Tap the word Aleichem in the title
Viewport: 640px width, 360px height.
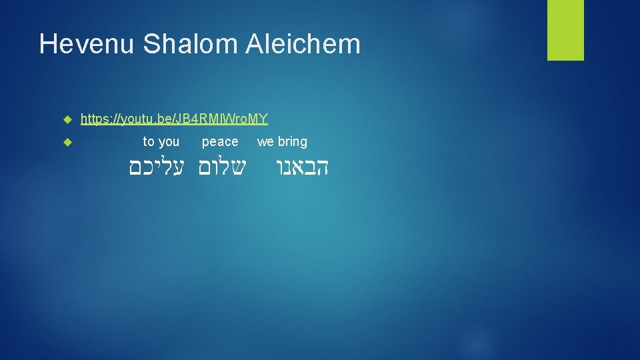[x=303, y=45]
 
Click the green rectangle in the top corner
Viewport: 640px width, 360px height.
[x=565, y=30]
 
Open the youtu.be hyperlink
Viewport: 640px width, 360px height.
[x=174, y=119]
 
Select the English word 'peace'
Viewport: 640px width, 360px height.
[x=220, y=141]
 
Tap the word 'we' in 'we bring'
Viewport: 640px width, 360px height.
[x=265, y=141]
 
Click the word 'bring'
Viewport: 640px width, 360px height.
[x=293, y=141]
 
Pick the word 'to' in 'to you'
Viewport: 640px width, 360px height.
[x=149, y=141]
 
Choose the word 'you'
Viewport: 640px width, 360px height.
[x=169, y=141]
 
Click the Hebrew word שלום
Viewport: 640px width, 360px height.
[x=222, y=167]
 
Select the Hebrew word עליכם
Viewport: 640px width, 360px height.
[x=159, y=167]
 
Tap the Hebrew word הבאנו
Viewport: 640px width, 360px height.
[x=303, y=167]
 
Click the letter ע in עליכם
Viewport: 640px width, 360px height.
[x=183, y=167]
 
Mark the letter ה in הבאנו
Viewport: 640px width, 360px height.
[x=322, y=167]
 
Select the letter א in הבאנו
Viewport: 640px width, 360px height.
[x=299, y=167]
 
